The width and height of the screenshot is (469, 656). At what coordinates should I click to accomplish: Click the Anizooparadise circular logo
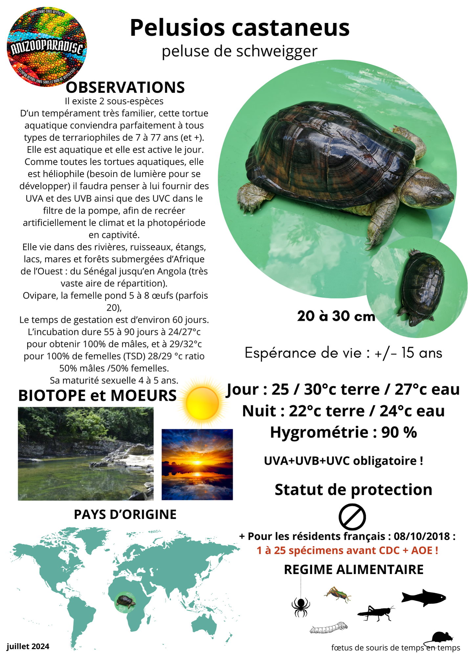(x=47, y=47)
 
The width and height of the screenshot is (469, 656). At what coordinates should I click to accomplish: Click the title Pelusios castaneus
(x=239, y=28)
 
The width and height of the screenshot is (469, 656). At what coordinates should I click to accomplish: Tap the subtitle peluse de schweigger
(x=239, y=51)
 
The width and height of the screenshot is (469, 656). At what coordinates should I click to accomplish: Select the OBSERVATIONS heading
(x=125, y=88)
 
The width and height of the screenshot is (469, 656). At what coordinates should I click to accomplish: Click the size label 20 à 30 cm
(x=336, y=316)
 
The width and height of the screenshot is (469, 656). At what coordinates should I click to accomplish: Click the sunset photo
(x=197, y=464)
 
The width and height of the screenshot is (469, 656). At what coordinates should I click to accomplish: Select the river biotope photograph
(x=85, y=454)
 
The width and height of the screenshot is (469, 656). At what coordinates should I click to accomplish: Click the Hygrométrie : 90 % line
(x=343, y=432)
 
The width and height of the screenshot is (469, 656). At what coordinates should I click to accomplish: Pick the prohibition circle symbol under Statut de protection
(x=352, y=517)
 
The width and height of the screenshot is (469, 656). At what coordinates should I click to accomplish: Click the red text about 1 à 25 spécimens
(x=347, y=550)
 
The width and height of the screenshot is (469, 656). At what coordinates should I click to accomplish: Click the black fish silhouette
(x=424, y=598)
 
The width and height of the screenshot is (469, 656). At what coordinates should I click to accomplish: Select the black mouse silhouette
(x=442, y=637)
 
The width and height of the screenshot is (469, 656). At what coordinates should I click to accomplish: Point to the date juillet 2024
(x=28, y=646)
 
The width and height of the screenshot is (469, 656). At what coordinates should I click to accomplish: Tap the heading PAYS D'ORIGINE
(x=125, y=515)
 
